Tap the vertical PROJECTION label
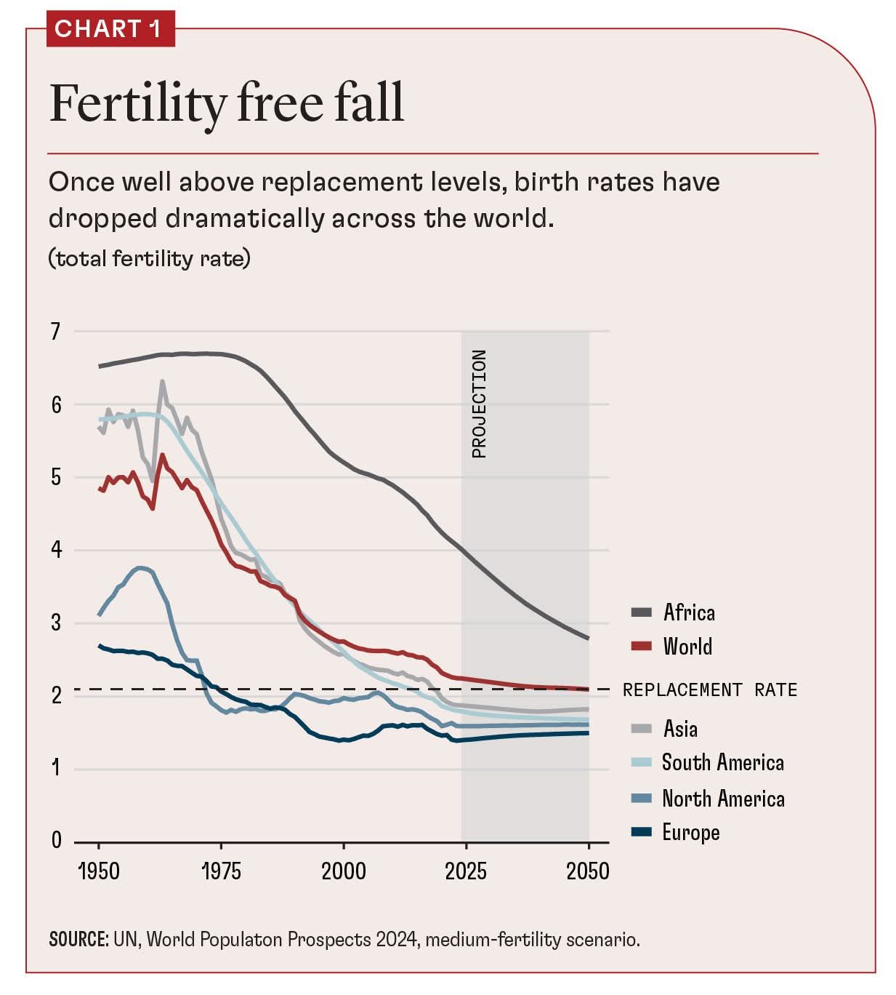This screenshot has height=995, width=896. pyautogui.click(x=479, y=404)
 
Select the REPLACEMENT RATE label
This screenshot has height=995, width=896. pyautogui.click(x=709, y=690)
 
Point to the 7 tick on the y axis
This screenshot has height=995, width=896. pyautogui.click(x=56, y=332)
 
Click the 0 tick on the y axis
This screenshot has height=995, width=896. pyautogui.click(x=56, y=841)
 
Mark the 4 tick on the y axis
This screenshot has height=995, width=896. pyautogui.click(x=56, y=550)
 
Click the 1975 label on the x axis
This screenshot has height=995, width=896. pyautogui.click(x=221, y=871)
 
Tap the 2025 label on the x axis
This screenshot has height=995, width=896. pyautogui.click(x=466, y=871)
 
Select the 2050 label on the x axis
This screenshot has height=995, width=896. pyautogui.click(x=588, y=871)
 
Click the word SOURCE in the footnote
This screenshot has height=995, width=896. pyautogui.click(x=78, y=939)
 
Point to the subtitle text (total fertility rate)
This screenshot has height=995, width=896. pyautogui.click(x=149, y=258)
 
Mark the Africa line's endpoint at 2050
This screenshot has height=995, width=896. pyautogui.click(x=588, y=638)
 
